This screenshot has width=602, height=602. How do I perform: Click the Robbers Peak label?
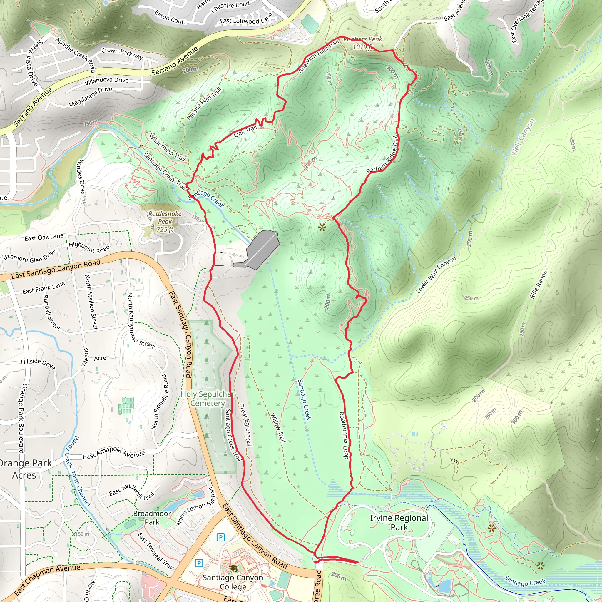click(363, 43)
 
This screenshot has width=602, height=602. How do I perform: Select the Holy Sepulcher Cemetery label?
click(208, 399)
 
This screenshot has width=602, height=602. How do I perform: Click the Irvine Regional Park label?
click(399, 523)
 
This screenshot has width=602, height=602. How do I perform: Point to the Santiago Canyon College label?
click(233, 582)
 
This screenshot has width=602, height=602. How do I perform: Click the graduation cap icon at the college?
click(233, 568)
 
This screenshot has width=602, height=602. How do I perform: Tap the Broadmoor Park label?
click(152, 518)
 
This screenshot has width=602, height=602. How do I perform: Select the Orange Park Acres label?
click(25, 469)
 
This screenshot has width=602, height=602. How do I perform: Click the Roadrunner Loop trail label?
click(344, 435)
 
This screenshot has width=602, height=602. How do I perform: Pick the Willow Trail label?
click(277, 427)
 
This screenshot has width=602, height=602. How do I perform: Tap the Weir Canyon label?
click(523, 137)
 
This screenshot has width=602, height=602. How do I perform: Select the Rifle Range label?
click(539, 285)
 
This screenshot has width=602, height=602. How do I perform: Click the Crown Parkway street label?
click(122, 53)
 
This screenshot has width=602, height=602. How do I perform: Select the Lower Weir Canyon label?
click(436, 275)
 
